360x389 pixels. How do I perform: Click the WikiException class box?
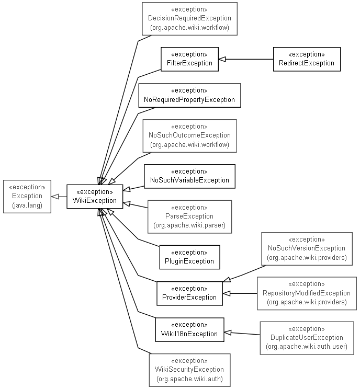[95, 197]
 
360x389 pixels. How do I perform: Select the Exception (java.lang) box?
[27, 196]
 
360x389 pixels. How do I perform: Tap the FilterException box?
[189, 59]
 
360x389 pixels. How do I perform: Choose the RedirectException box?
[307, 59]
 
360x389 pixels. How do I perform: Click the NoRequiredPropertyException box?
[189, 95]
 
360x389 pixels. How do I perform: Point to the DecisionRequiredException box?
[189, 19]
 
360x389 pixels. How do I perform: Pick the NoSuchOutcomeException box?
[189, 135]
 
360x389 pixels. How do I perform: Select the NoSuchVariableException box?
[189, 176]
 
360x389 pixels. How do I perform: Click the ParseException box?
[189, 216]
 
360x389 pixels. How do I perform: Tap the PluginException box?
[189, 257]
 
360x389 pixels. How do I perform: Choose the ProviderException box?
[189, 293]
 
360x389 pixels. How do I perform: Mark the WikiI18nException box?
[189, 329]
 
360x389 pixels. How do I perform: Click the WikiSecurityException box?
[189, 370]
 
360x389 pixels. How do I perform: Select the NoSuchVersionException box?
[306, 248]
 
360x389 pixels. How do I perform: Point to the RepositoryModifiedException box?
[306, 293]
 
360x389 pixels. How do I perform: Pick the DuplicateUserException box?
[307, 338]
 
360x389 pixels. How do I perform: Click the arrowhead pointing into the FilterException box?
[222, 59]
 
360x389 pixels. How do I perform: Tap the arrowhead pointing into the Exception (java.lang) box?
[54, 197]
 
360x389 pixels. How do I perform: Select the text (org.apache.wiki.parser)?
[189, 225]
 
